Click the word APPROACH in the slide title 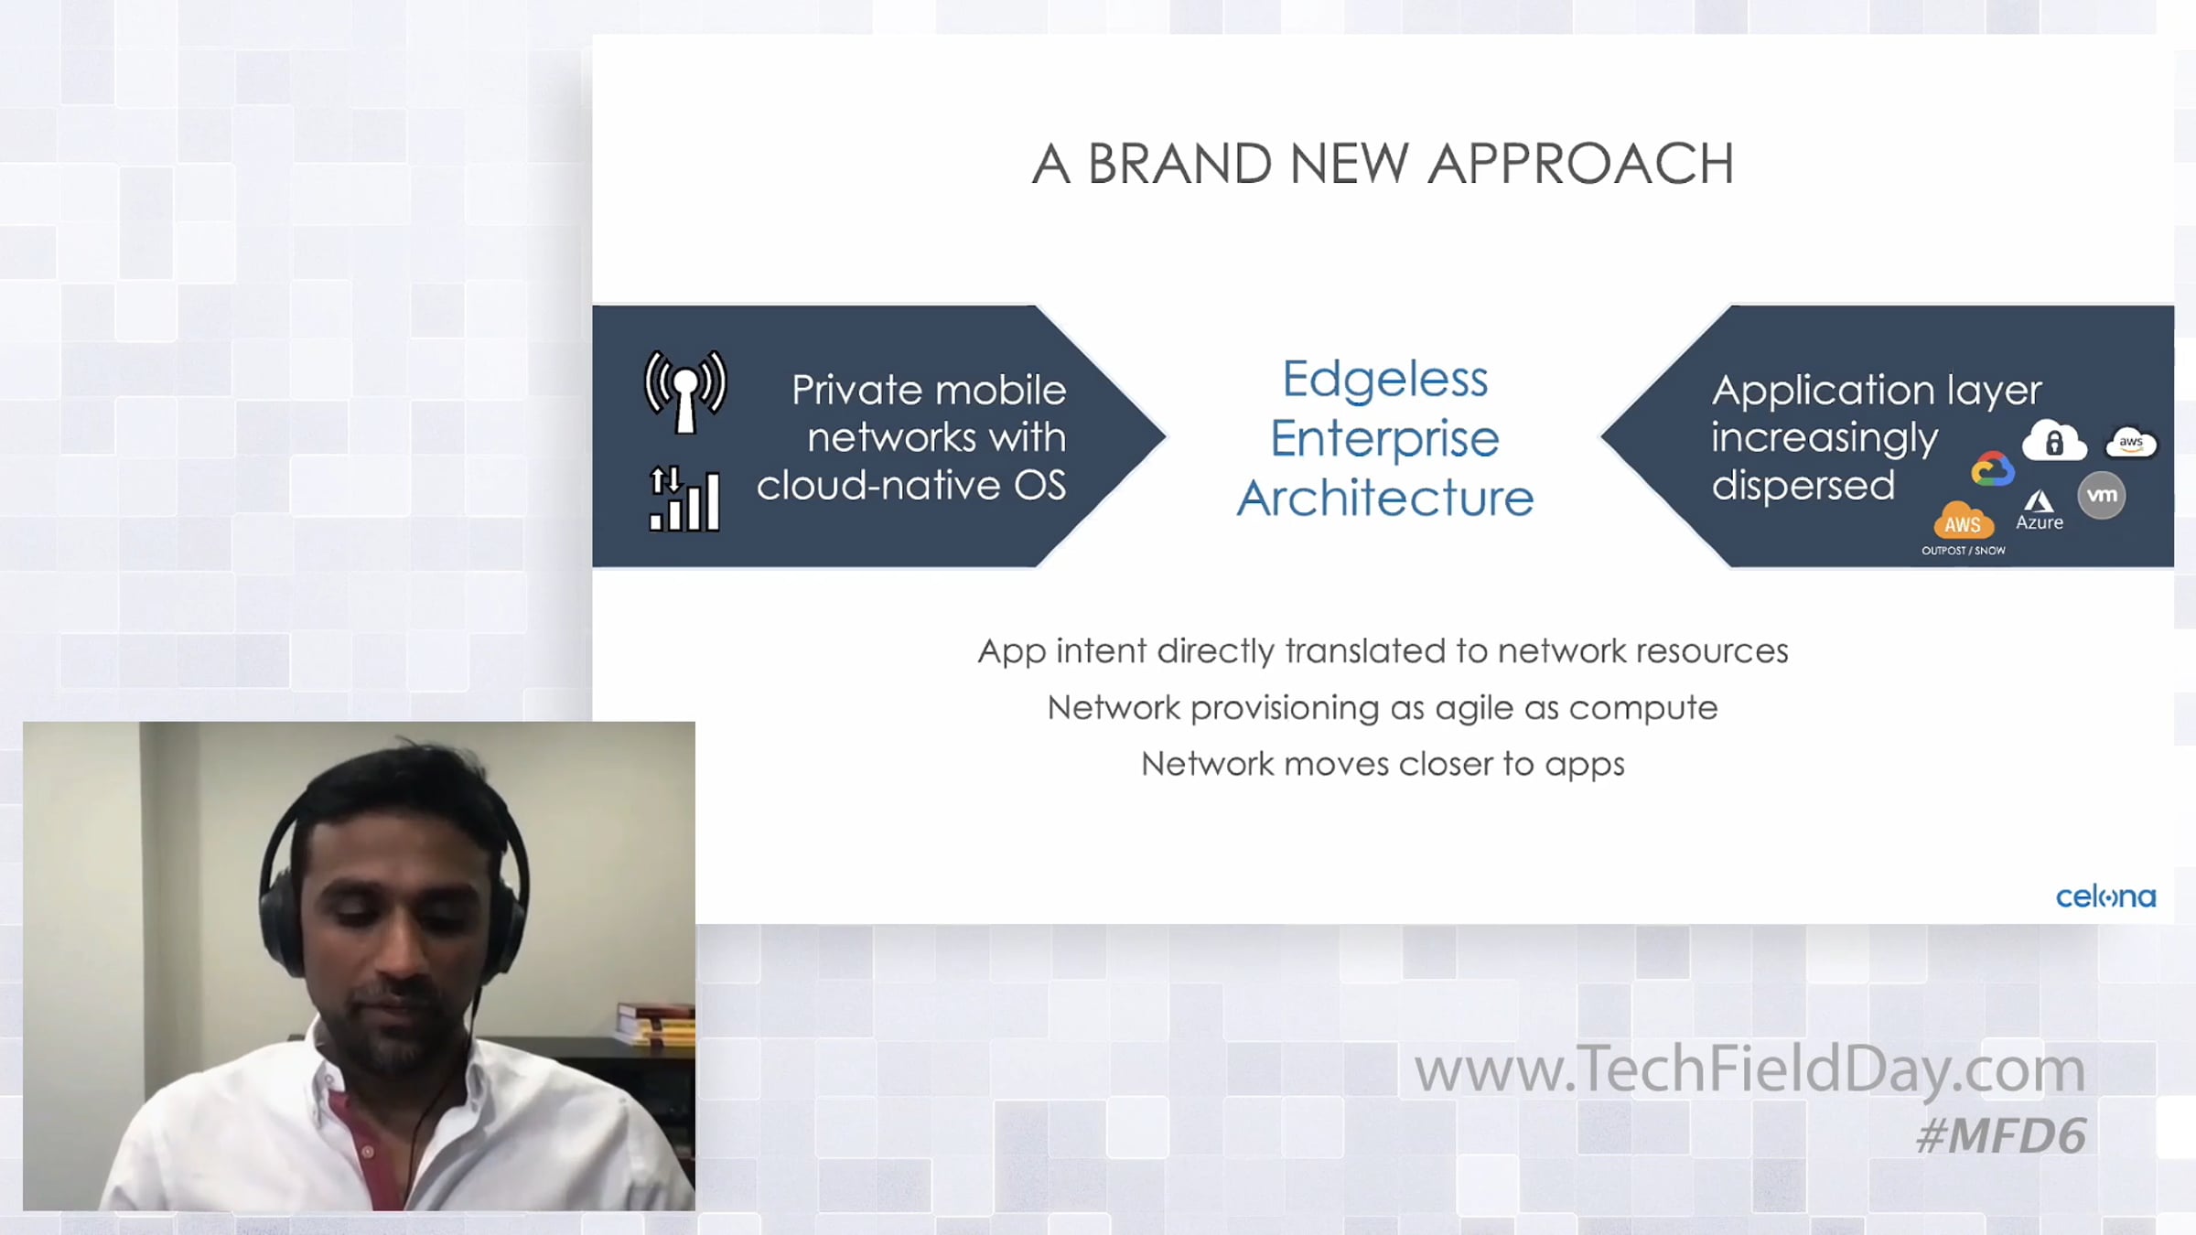tap(1580, 165)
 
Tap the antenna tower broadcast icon tap(685, 392)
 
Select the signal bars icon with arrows tap(684, 499)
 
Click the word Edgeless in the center tap(1384, 380)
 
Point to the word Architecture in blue tap(1385, 499)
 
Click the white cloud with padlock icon tap(2054, 441)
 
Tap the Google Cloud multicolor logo tap(1992, 469)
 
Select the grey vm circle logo tap(2102, 496)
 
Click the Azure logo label tap(2040, 511)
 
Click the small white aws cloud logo tap(2131, 443)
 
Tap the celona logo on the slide tap(2105, 897)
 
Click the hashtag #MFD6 tap(2001, 1136)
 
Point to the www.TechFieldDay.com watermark tap(1749, 1069)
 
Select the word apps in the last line tap(1585, 766)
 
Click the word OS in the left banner tap(1039, 486)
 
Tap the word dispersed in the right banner tap(1803, 486)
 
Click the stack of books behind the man tap(655, 1025)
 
